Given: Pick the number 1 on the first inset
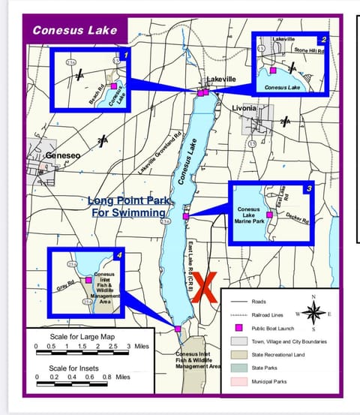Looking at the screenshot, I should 126,56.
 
